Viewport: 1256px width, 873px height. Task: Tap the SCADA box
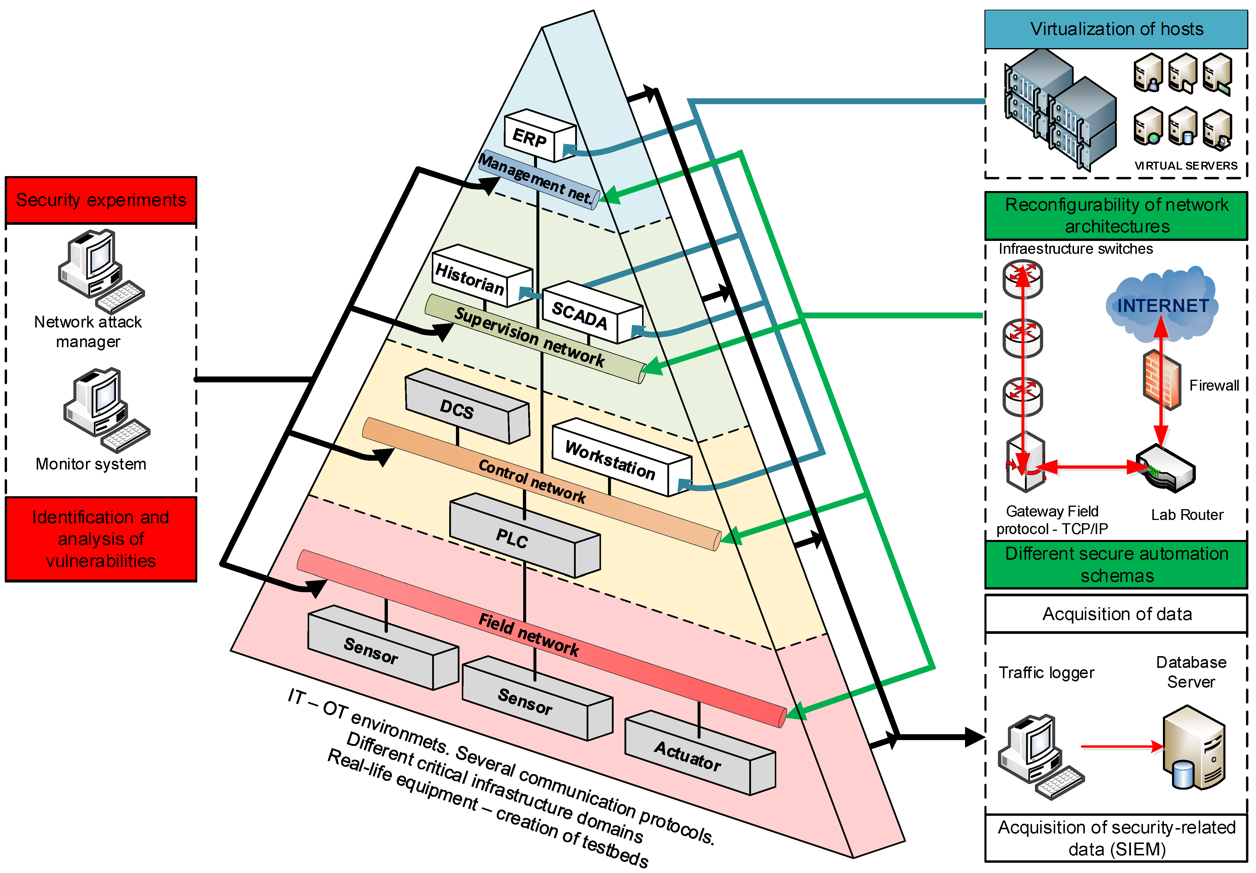click(585, 314)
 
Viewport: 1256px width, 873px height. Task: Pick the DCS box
click(462, 407)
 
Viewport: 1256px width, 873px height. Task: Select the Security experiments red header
click(101, 200)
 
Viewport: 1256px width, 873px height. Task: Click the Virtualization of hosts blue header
click(1116, 29)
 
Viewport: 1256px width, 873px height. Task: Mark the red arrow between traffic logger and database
click(1122, 746)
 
